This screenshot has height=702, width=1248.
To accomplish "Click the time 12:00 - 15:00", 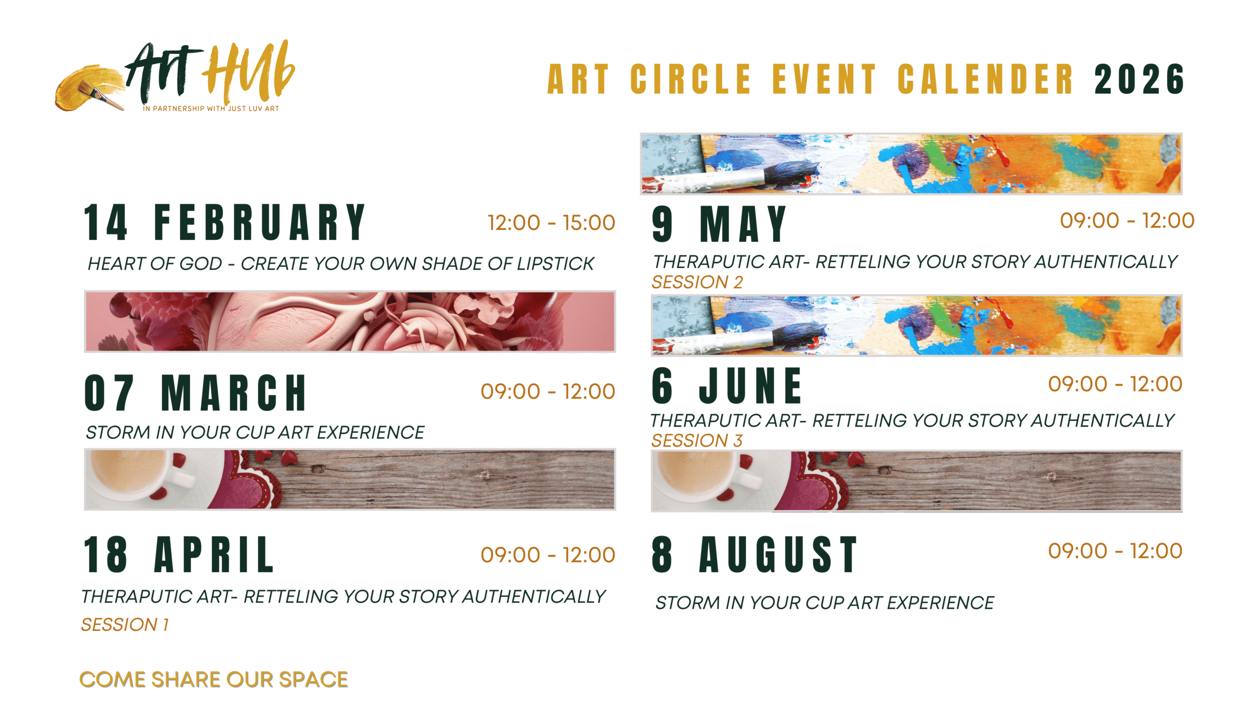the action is pos(551,223).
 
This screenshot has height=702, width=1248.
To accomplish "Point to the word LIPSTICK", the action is pos(555,264).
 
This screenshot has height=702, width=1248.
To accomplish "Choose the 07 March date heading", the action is pos(195,393).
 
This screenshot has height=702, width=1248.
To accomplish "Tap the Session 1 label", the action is pos(125,625).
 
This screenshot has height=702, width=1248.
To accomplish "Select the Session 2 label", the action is pos(697,282).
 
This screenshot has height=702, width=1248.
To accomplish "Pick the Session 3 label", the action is pos(697,441).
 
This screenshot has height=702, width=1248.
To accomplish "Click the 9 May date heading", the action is pos(719,224).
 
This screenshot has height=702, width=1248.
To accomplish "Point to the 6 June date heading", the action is pos(726,386).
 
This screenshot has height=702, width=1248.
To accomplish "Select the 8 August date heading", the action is pos(754,554).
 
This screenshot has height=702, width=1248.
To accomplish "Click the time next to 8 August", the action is pos(1115,551).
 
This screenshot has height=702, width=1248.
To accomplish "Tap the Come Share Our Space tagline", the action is pos(214,680).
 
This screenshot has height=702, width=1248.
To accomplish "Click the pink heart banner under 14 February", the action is pos(350,322).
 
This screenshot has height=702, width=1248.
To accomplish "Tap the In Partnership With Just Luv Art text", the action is pos(211,109).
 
